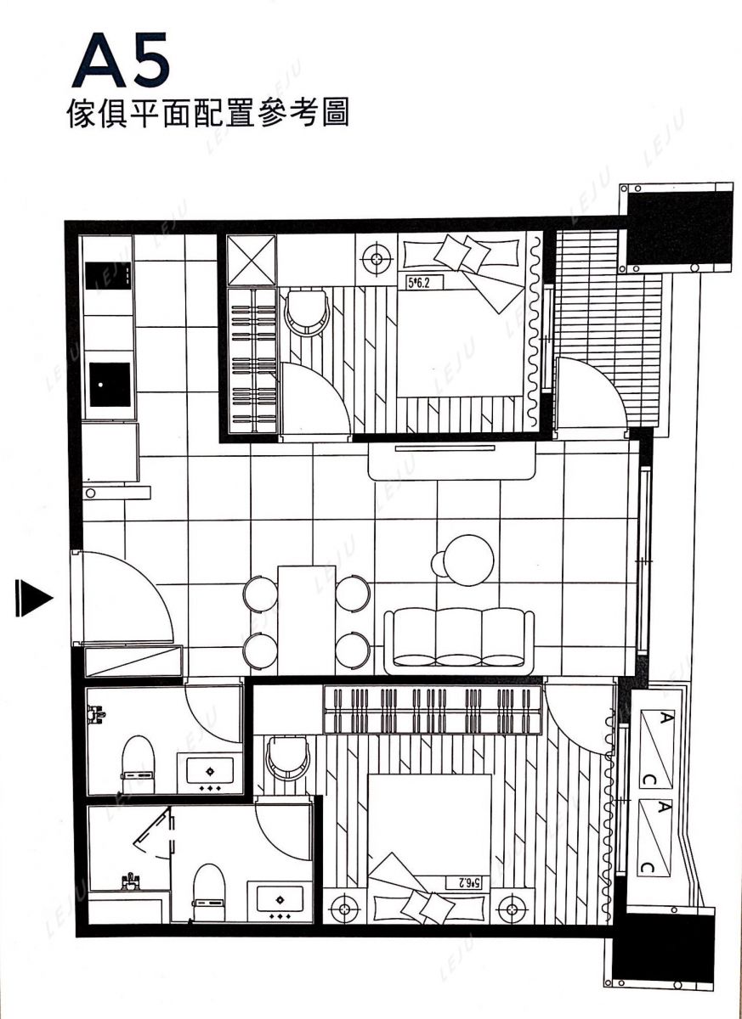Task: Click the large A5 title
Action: point(121,61)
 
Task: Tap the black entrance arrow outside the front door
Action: point(34,598)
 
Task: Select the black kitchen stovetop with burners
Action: point(108,276)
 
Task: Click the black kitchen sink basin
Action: point(110,385)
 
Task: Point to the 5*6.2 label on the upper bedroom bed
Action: point(419,283)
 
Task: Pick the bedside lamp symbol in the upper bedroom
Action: point(376,259)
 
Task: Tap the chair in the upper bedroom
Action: point(308,313)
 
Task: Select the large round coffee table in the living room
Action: point(469,560)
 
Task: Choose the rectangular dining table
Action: point(306,621)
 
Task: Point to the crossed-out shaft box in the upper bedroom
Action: point(252,261)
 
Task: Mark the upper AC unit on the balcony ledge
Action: point(656,748)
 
